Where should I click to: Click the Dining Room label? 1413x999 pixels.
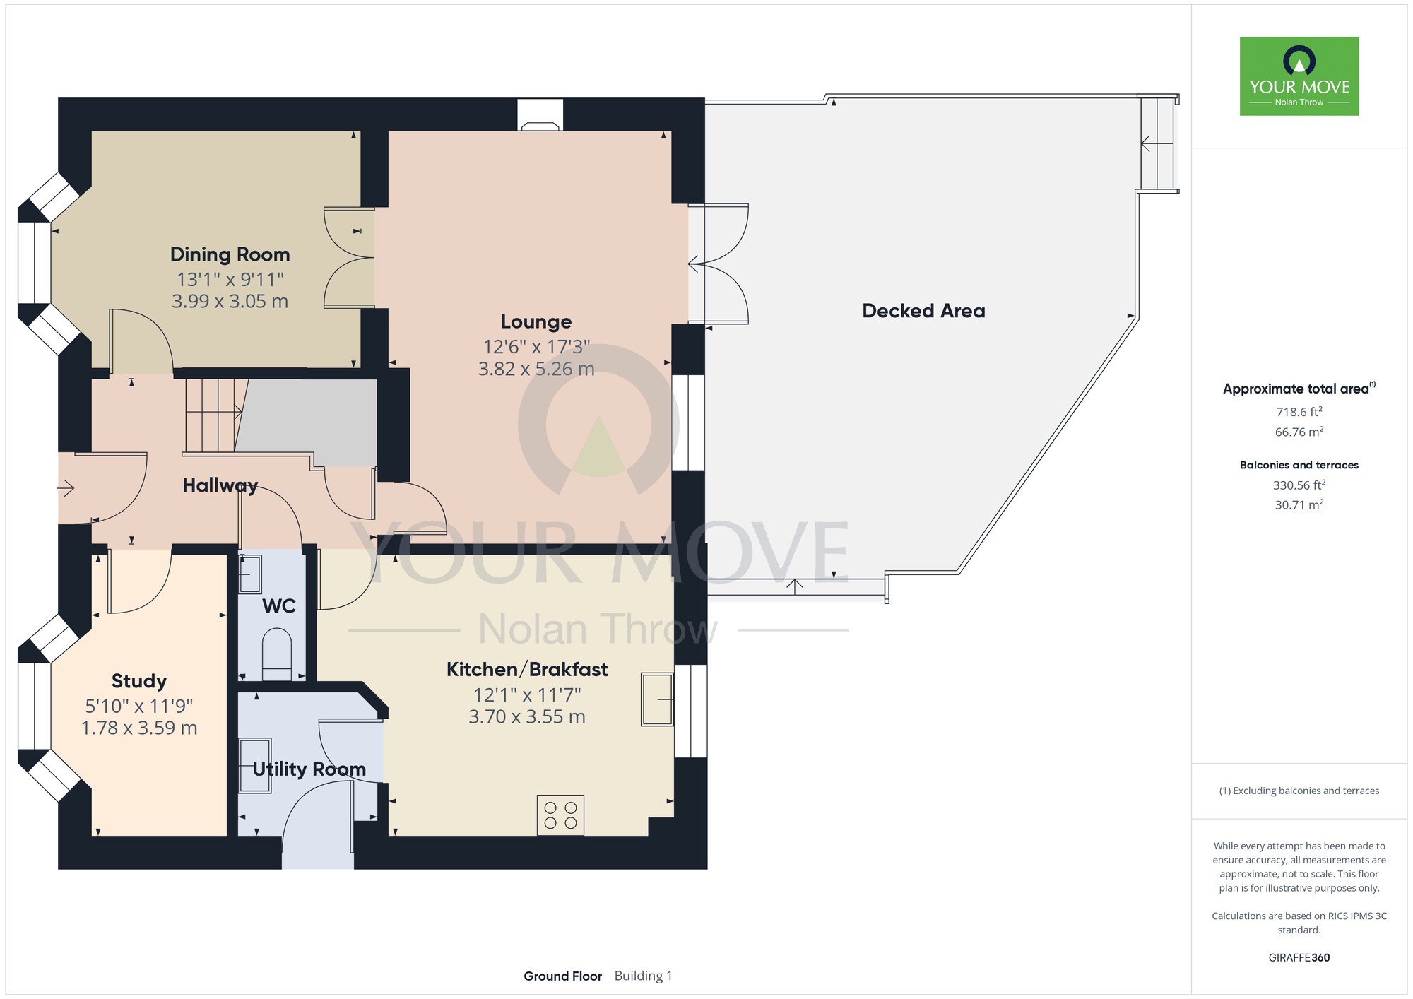pos(230,254)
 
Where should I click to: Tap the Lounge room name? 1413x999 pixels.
pos(536,321)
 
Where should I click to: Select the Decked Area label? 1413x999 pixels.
pos(923,311)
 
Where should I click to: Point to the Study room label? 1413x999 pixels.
pos(139,681)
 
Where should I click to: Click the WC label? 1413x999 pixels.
pos(279,606)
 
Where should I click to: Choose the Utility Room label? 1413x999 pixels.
pos(309,769)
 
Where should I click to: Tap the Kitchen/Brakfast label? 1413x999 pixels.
pos(527,669)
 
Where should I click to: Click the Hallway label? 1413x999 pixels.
pos(220,485)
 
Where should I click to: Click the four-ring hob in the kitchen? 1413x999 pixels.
pos(561,815)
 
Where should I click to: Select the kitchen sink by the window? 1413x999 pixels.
pos(657,699)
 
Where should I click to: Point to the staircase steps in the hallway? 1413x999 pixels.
pos(211,415)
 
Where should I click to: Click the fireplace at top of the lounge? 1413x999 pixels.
pos(540,115)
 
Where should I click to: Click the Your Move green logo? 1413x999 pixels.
pos(1299,76)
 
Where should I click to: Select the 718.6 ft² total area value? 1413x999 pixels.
pos(1299,412)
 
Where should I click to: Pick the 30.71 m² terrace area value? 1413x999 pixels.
pos(1299,504)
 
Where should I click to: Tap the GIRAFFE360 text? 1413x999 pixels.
pos(1299,958)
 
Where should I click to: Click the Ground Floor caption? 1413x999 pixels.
pos(562,976)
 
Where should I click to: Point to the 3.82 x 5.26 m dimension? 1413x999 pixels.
pos(536,369)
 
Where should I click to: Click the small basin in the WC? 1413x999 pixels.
pos(250,574)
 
